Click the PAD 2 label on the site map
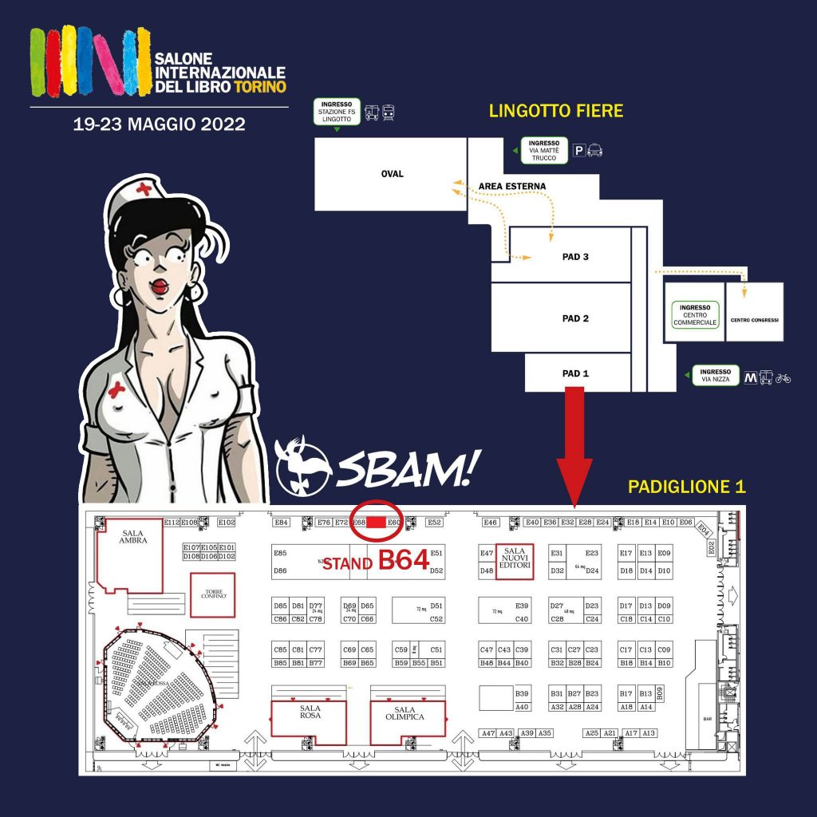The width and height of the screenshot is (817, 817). pyautogui.click(x=575, y=318)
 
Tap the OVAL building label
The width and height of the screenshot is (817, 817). pyautogui.click(x=392, y=174)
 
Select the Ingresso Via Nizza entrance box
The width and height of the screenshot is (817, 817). pyautogui.click(x=715, y=376)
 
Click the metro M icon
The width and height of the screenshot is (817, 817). pyautogui.click(x=750, y=377)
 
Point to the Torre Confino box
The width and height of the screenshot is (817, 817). pyautogui.click(x=212, y=594)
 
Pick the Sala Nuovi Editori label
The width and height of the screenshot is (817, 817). pyautogui.click(x=514, y=557)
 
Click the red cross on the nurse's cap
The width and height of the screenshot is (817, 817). pyautogui.click(x=144, y=189)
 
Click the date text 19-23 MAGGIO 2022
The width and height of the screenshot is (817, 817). pyautogui.click(x=159, y=125)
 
